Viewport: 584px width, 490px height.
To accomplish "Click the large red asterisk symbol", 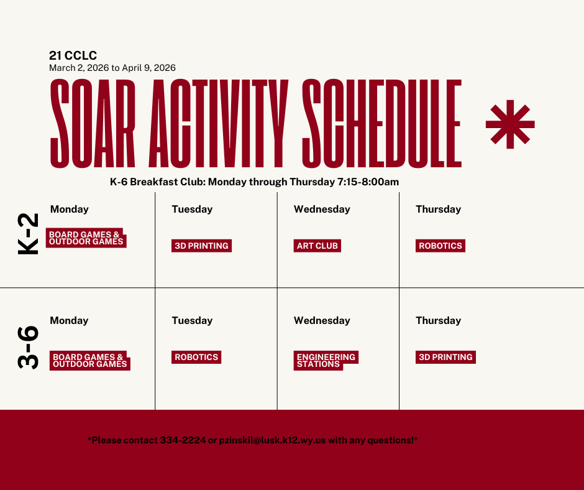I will (509, 124).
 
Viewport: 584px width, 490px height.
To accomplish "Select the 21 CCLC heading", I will (73, 56).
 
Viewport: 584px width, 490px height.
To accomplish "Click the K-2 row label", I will (29, 233).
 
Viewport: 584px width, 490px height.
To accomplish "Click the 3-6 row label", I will (29, 347).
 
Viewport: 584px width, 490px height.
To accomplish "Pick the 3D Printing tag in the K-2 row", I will (201, 246).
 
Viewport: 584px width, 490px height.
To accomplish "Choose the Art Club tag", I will (317, 246).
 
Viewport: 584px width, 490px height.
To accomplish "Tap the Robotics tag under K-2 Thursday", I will (440, 246).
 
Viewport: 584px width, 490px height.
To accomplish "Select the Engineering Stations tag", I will (326, 361).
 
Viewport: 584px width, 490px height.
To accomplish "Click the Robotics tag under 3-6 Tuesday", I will (196, 357).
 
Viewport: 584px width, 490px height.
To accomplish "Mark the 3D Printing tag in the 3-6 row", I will (445, 357).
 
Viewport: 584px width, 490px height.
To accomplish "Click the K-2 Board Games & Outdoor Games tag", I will (86, 238).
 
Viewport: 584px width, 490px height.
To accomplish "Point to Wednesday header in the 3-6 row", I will (322, 320).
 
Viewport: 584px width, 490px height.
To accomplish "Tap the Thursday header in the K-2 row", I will (438, 209).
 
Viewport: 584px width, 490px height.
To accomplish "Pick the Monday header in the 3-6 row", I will (69, 320).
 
